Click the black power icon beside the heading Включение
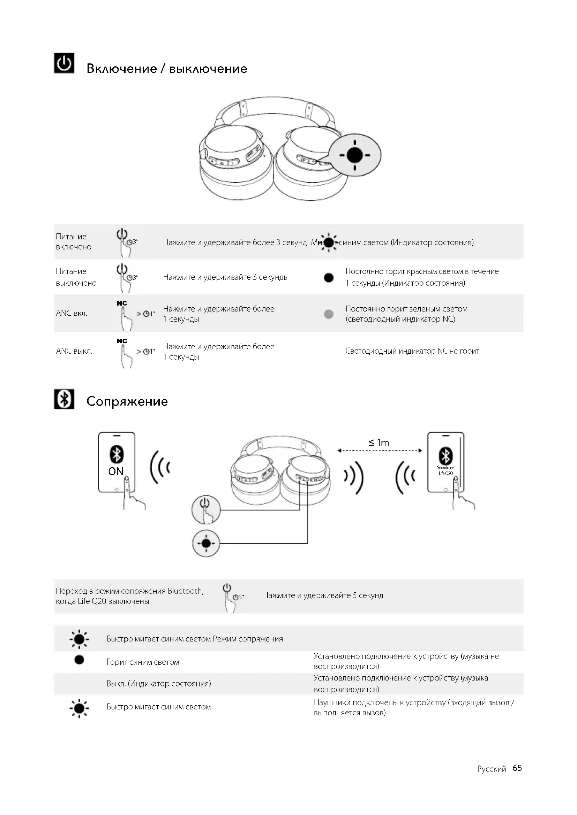point(64,63)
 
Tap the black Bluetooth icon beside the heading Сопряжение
point(64,399)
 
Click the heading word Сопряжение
point(127,401)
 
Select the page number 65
point(517,768)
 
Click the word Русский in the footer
point(492,769)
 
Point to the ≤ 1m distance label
point(379,443)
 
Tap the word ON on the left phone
point(116,471)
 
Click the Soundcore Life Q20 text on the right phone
point(445,470)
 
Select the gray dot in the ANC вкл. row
point(329,314)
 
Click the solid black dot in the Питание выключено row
point(329,278)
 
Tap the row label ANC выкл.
point(74,351)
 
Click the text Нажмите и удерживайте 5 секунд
point(323,595)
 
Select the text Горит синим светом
point(143,662)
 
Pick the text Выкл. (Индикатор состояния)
point(158,684)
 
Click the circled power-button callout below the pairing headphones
point(206,509)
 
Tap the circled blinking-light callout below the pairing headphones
point(206,544)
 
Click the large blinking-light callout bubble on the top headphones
point(354,155)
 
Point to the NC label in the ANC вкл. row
point(122,303)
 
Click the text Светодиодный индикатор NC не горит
point(412,351)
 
